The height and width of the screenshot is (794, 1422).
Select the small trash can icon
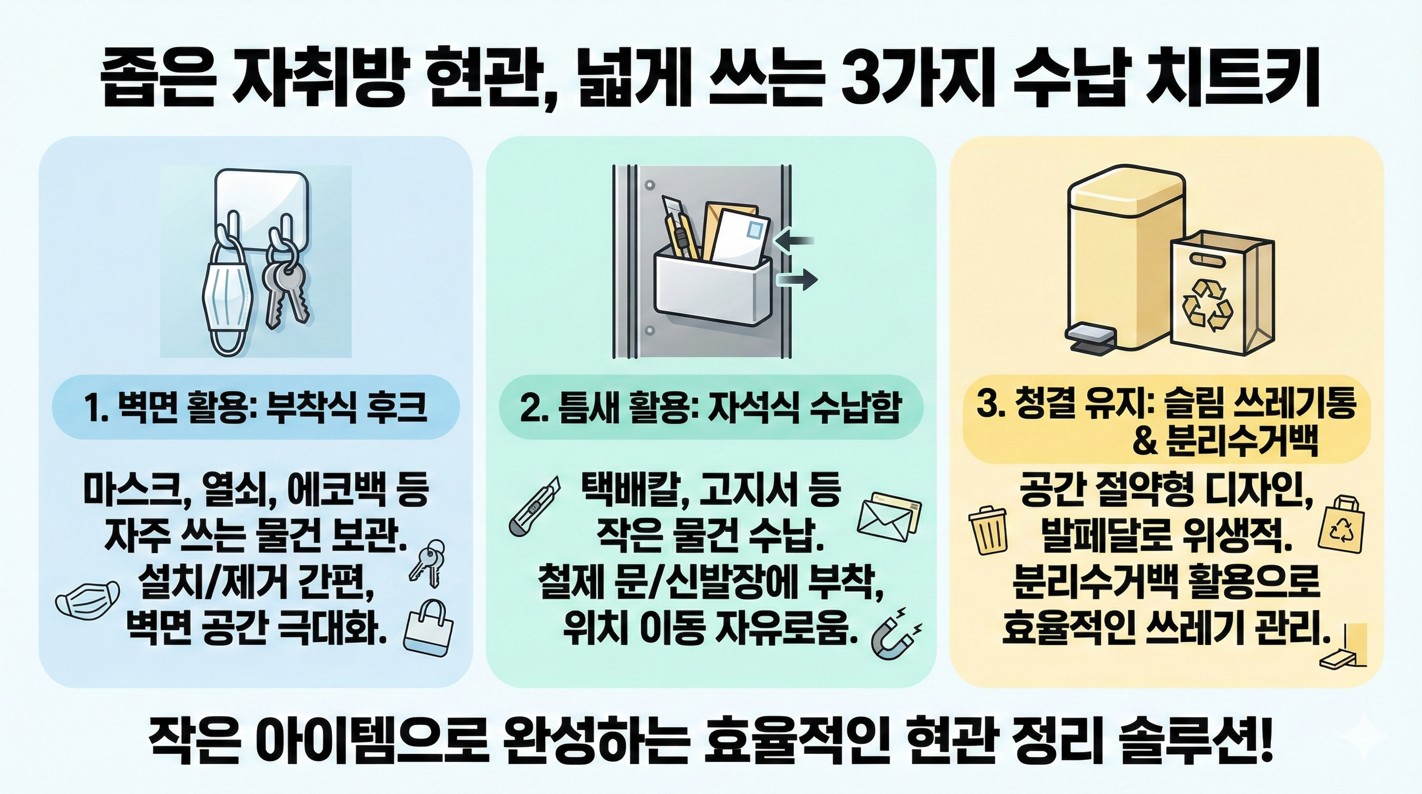tap(988, 531)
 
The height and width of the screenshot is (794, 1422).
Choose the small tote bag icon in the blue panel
tap(429, 627)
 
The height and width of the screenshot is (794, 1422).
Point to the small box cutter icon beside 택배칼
tap(533, 505)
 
